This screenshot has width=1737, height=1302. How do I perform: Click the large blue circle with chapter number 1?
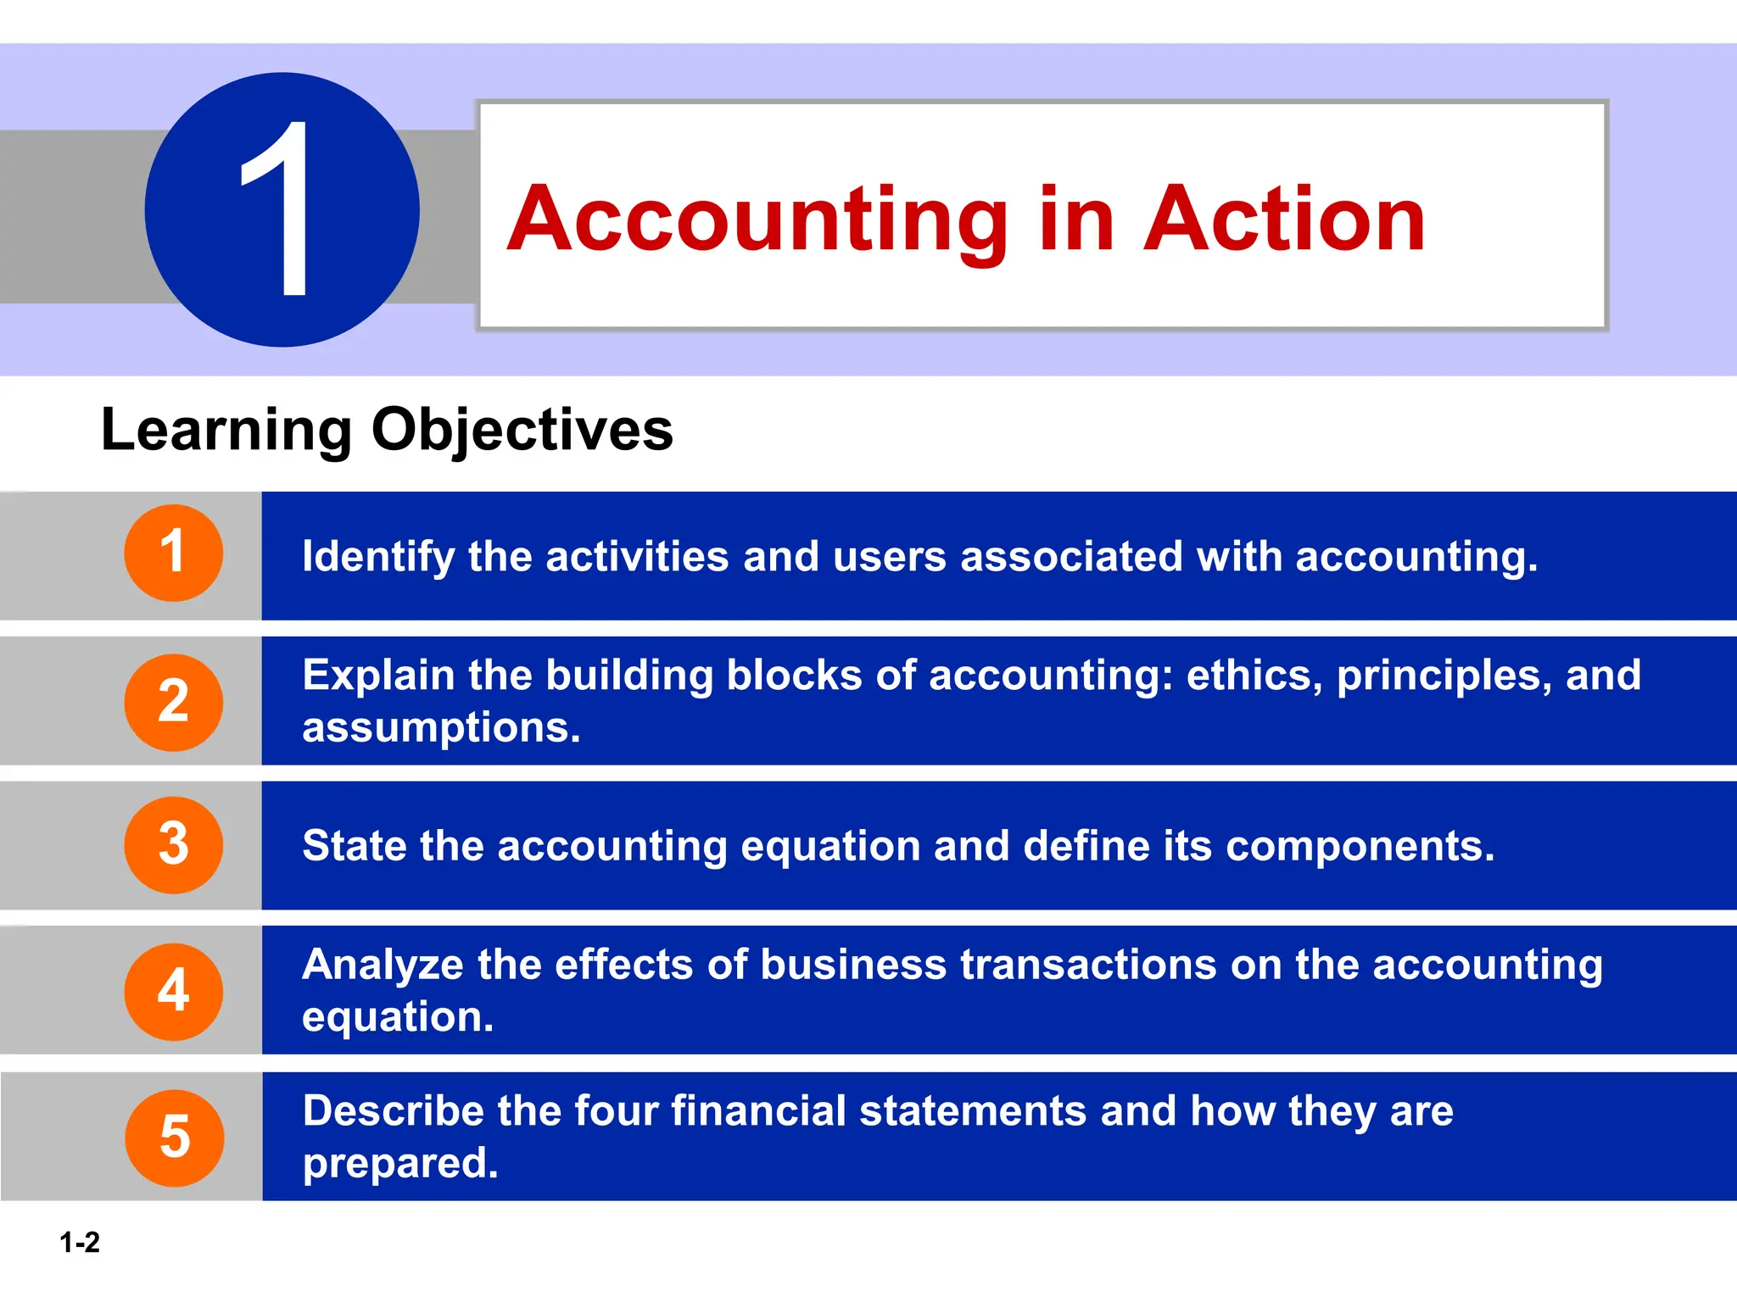pos(282,209)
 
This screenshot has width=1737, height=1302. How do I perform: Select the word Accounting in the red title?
pos(758,220)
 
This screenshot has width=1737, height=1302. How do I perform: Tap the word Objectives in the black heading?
pos(522,430)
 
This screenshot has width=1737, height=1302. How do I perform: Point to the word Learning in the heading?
pos(226,430)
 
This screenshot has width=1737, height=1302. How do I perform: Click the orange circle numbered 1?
pos(174,553)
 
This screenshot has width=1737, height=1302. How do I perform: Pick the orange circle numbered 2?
pos(174,702)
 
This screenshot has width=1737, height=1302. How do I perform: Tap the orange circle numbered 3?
pos(174,844)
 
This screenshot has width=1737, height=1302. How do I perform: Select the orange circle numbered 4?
pos(174,991)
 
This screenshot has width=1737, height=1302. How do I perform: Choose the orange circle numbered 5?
pos(175,1138)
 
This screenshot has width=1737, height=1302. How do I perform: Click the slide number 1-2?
pos(80,1243)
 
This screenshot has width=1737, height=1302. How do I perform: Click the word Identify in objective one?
pos(378,557)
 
